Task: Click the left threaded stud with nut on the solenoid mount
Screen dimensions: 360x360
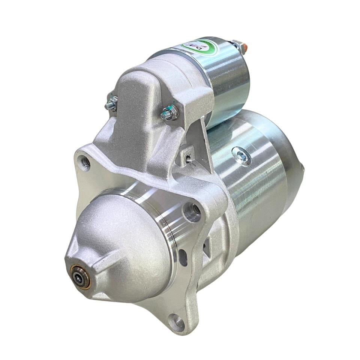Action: pyautogui.click(x=111, y=104)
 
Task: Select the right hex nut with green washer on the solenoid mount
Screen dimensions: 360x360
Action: pyautogui.click(x=170, y=112)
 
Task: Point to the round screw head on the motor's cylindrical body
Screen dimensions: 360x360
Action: pyautogui.click(x=241, y=156)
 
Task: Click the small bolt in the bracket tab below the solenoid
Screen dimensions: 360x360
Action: pyautogui.click(x=189, y=160)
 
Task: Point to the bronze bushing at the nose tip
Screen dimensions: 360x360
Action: pyautogui.click(x=80, y=277)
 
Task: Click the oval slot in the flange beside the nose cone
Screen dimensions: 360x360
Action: pyautogui.click(x=183, y=258)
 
